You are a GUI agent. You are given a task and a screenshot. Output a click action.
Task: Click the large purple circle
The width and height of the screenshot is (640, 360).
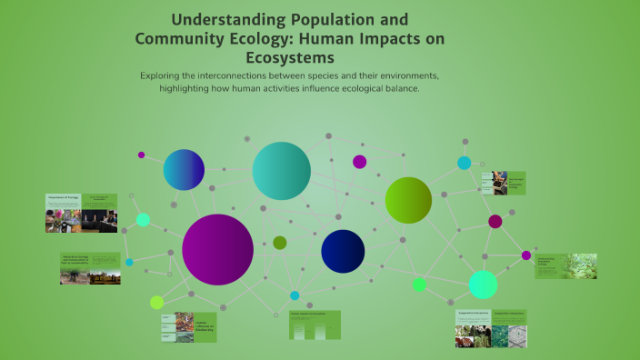217,249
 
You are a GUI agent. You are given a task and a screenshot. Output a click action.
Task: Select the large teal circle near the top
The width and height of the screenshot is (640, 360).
282,171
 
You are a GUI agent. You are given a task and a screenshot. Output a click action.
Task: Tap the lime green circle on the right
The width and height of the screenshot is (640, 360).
408,200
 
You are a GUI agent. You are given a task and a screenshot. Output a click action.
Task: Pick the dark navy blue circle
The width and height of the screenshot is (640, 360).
343,251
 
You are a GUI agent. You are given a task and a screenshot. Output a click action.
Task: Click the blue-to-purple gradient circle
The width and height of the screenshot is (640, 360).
184,170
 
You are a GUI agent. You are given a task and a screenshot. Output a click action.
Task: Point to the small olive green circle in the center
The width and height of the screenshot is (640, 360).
280,243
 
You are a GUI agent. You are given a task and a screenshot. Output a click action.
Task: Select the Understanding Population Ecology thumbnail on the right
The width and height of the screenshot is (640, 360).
565,265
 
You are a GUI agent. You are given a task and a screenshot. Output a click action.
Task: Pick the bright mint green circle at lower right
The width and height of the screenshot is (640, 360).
483,285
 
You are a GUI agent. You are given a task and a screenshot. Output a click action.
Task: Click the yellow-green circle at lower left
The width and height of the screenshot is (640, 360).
157,302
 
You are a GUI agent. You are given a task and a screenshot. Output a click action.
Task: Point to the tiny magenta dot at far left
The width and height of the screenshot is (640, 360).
141,155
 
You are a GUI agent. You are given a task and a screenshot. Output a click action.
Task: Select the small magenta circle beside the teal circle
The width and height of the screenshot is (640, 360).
359,162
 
